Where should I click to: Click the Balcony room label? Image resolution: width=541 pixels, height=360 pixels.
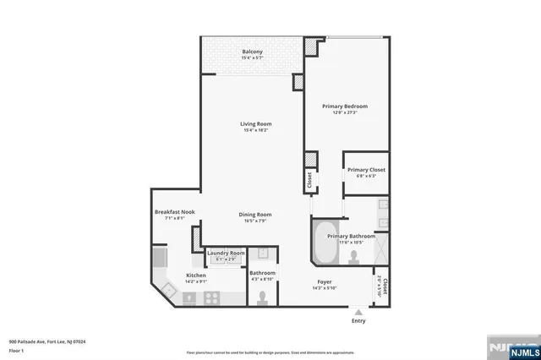(252, 52)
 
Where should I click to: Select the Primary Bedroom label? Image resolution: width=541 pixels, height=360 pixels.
(344, 106)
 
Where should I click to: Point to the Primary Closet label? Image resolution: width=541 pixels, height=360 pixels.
(366, 170)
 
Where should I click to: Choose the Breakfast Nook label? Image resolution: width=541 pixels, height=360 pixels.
(175, 211)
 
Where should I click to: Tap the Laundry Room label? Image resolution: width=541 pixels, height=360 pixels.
(227, 253)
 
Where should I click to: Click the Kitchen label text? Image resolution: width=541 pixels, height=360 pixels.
(196, 275)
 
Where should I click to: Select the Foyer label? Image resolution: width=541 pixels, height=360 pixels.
(325, 281)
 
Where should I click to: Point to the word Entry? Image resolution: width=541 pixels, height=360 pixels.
(359, 321)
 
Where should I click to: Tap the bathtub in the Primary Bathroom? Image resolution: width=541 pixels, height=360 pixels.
(321, 243)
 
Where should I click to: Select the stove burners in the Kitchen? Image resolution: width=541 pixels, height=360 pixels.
(212, 296)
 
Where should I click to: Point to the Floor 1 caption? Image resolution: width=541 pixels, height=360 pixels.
(17, 349)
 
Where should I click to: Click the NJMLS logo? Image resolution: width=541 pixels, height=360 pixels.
(510, 348)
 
